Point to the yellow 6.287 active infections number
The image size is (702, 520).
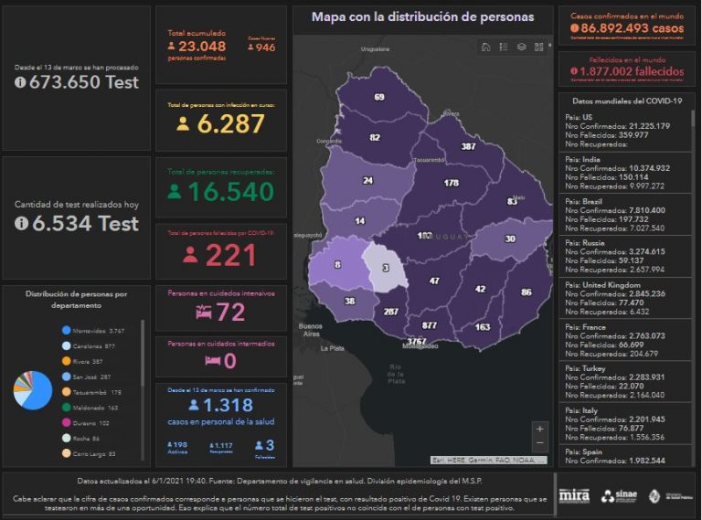coord(230,124)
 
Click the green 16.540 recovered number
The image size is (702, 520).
coord(230,191)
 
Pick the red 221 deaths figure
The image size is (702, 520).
coord(230,255)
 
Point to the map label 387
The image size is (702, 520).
coord(468,146)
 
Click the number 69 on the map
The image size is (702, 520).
coord(378,98)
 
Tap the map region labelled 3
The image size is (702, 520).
coord(386,268)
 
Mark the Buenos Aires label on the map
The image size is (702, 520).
coord(312,330)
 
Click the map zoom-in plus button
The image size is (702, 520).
coord(540,428)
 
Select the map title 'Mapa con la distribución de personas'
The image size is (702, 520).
coord(422,17)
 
